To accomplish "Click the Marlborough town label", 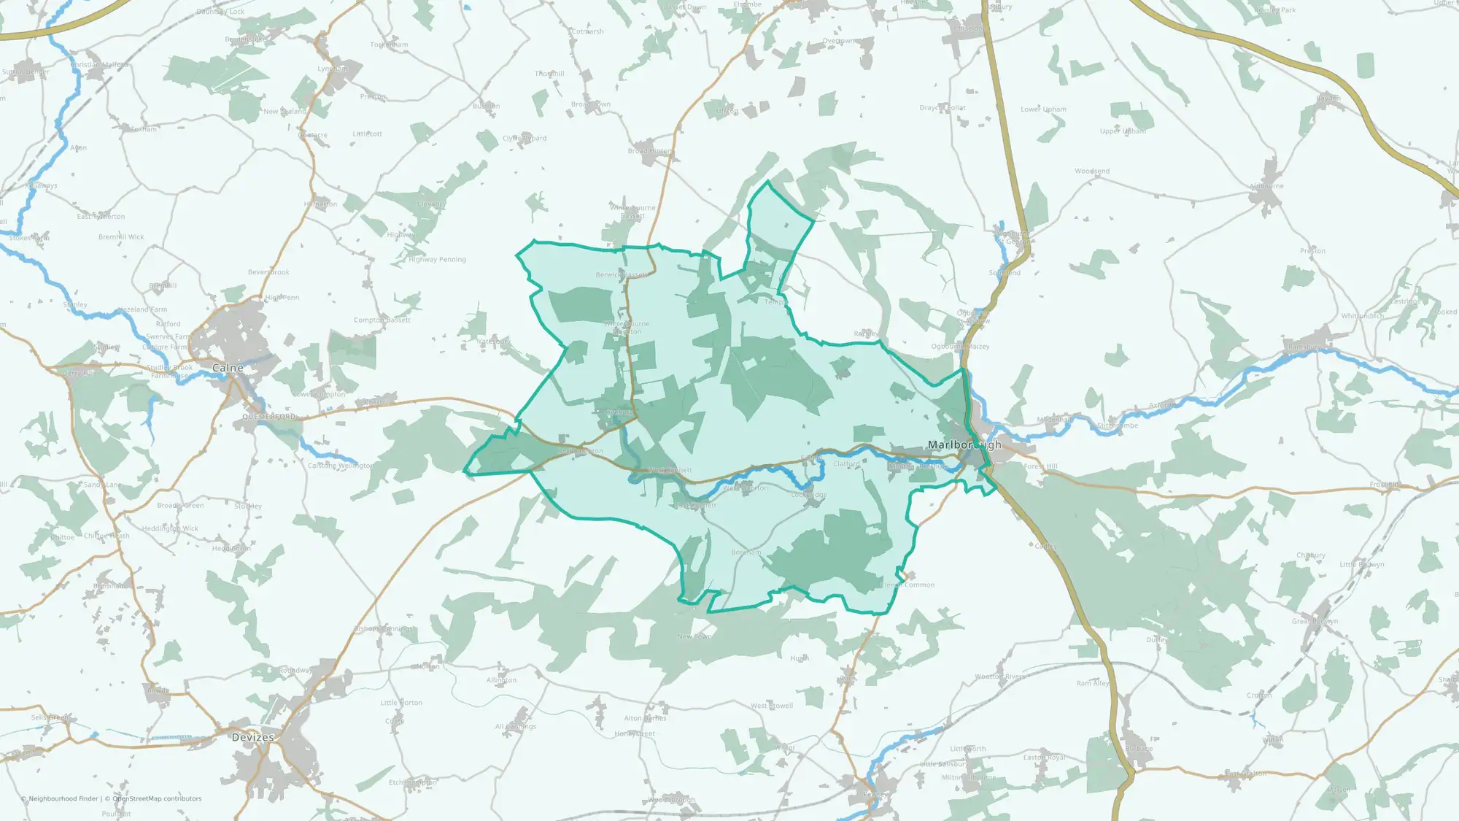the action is click(964, 444).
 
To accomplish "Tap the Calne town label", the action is click(228, 368).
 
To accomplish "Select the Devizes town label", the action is click(252, 737).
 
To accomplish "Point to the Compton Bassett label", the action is click(382, 320).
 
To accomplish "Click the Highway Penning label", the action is click(437, 259).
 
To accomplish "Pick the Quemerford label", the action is click(269, 417).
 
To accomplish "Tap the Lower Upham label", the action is click(1043, 109).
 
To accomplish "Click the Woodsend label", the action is click(1092, 171).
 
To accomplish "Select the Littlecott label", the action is click(367, 134).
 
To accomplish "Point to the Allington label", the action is click(501, 680).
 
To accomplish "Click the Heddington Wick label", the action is click(170, 528).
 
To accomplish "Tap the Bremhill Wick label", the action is click(121, 237).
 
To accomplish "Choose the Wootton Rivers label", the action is click(999, 677).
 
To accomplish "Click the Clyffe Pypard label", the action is click(524, 138).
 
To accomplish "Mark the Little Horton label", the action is click(401, 703).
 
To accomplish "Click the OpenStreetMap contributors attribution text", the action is click(157, 798).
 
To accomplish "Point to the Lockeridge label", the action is click(809, 495).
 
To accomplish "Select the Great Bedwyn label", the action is click(1315, 621).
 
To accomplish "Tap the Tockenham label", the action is click(389, 45).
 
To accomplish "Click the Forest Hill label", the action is click(1040, 466).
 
